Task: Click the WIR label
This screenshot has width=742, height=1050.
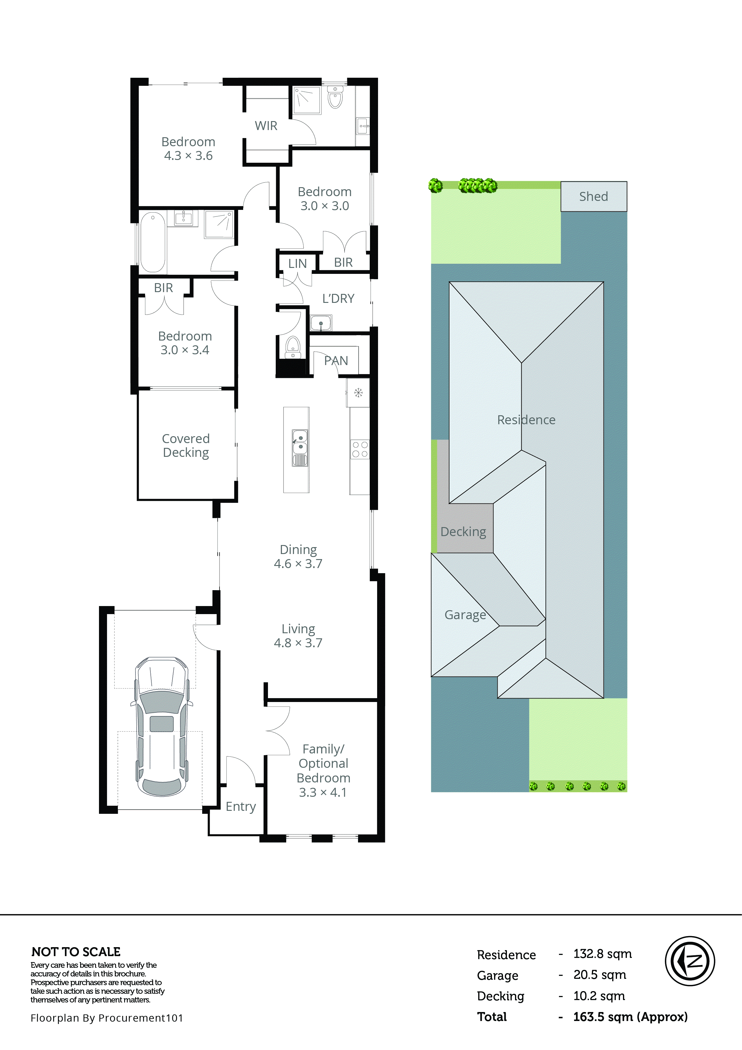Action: click(266, 126)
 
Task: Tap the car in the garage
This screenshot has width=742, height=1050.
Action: click(162, 727)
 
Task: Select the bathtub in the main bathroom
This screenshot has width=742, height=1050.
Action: click(152, 242)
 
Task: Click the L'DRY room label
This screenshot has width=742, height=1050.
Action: click(338, 299)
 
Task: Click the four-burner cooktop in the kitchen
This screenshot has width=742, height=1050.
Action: click(359, 449)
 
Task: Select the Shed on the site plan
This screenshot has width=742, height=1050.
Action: click(593, 197)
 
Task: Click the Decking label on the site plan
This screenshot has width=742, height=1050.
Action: click(463, 532)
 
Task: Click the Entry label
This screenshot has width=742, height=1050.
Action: click(241, 806)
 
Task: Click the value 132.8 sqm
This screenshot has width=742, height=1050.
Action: click(602, 954)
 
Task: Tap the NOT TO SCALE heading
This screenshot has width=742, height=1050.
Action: click(76, 952)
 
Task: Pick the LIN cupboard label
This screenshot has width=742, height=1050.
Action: click(297, 264)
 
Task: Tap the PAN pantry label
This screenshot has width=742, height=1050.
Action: click(336, 361)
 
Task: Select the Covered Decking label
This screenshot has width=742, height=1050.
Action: click(186, 445)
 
